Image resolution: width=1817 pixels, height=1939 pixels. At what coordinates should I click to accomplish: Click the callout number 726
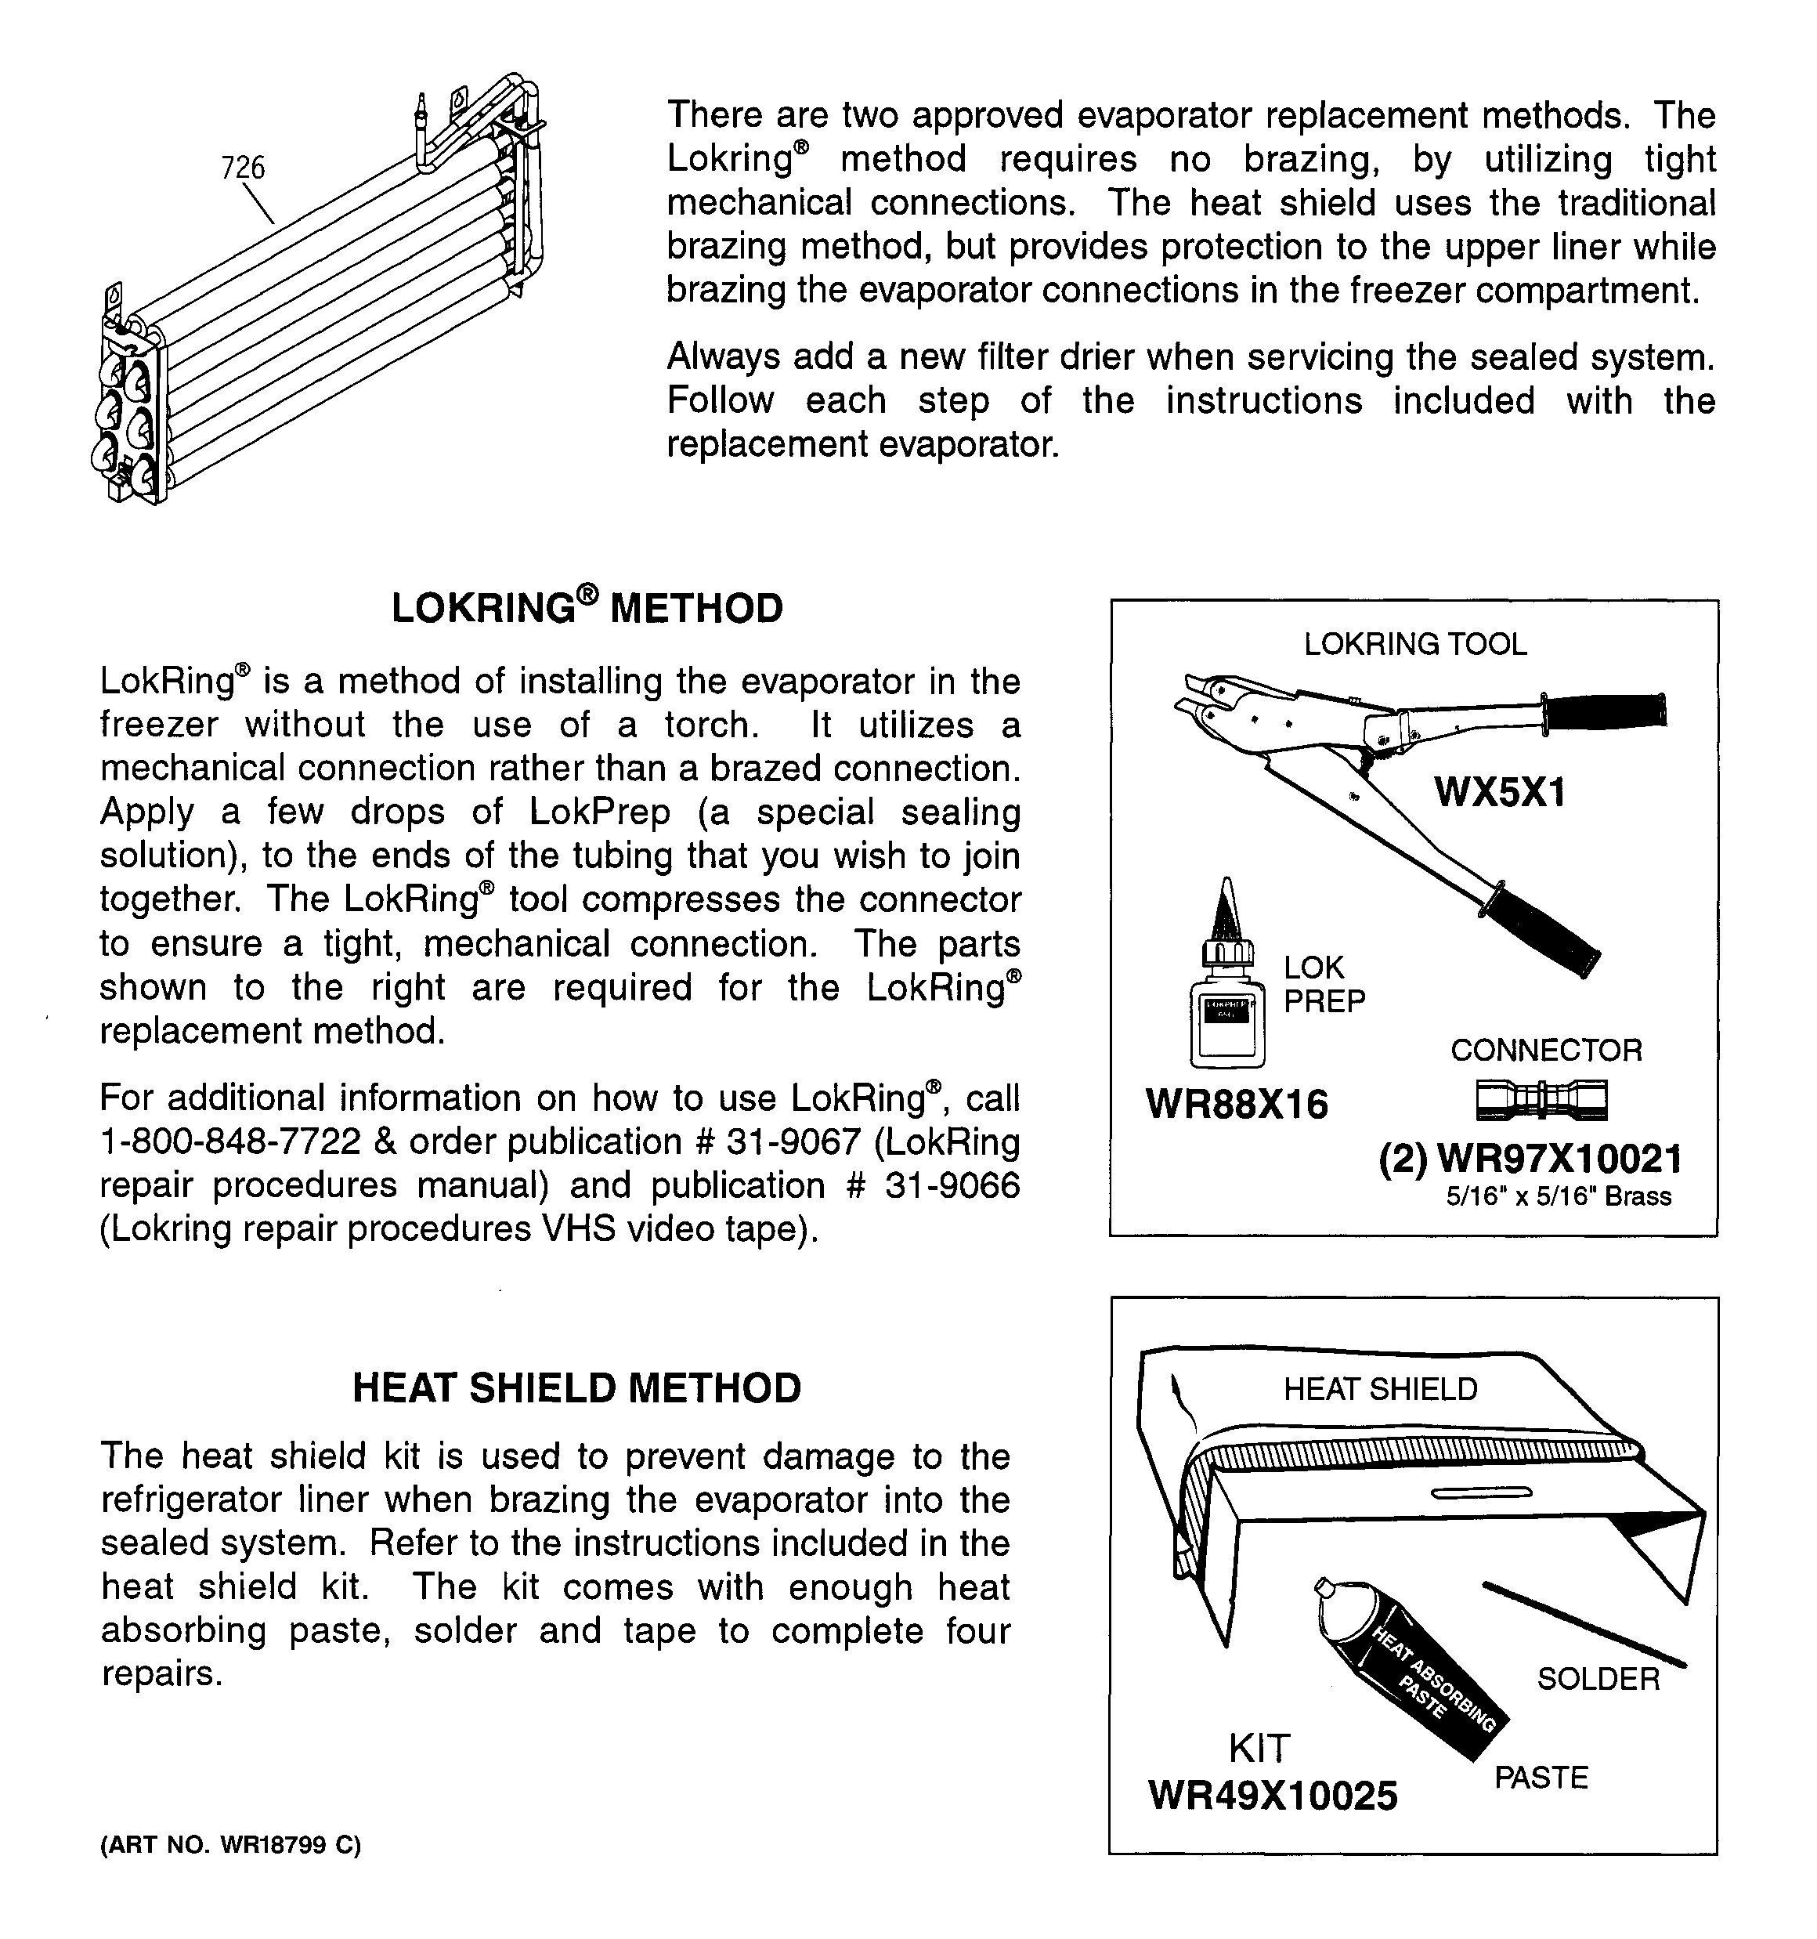point(243,168)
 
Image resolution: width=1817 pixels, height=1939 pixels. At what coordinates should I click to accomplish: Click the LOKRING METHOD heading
point(587,608)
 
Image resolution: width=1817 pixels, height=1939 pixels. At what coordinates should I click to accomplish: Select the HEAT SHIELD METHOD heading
point(576,1387)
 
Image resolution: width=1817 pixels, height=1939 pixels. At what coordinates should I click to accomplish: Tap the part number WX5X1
point(1499,791)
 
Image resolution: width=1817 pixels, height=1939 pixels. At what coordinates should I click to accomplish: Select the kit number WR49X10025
point(1273,1795)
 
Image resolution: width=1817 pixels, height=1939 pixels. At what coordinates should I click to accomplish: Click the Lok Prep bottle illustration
point(1226,1004)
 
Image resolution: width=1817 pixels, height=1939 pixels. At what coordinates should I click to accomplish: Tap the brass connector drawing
point(1541,1100)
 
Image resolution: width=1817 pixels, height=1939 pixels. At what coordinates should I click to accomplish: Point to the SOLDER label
point(1598,1677)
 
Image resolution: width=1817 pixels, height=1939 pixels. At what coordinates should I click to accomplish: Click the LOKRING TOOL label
point(1415,644)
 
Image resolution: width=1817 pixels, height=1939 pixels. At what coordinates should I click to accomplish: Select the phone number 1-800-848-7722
point(230,1141)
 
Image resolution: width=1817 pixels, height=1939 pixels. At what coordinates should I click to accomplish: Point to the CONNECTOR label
point(1546,1050)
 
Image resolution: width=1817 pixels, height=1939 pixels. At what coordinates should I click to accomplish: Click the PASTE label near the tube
point(1541,1777)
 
